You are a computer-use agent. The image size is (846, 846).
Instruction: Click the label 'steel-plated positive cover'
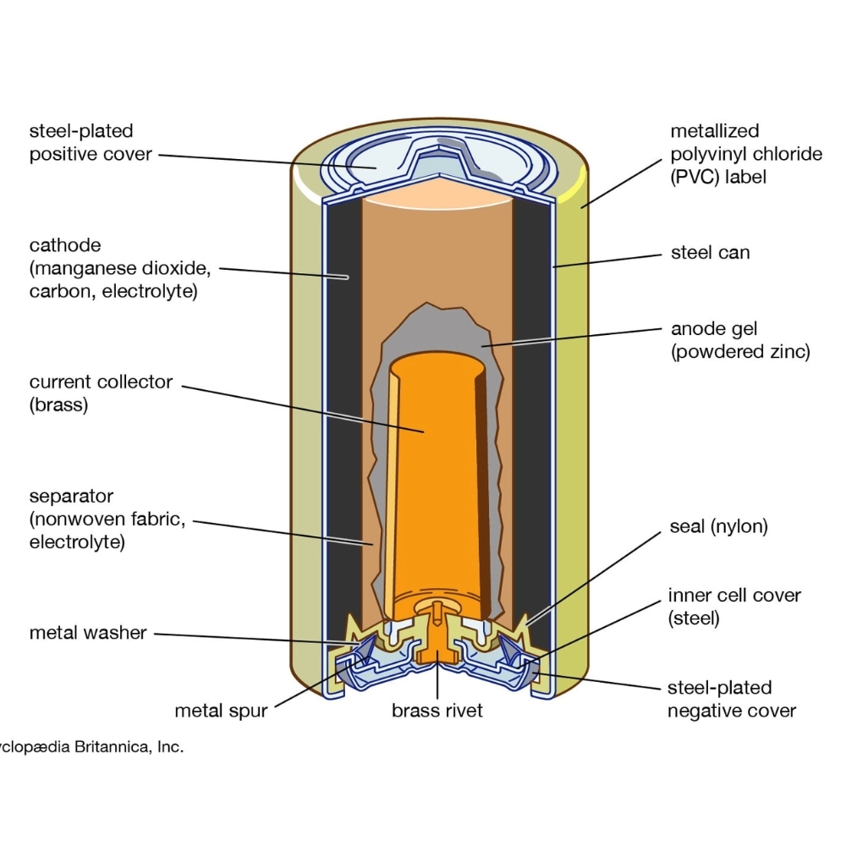[89, 143]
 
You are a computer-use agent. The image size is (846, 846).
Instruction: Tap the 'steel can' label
[710, 252]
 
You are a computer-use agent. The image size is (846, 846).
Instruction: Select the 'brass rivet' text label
[437, 711]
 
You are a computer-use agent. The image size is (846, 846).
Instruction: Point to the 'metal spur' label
[221, 711]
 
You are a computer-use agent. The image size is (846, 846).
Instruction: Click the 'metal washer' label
[88, 633]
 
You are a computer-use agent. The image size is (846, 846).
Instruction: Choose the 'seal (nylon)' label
[717, 526]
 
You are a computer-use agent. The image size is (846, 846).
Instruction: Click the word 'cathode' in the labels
[65, 246]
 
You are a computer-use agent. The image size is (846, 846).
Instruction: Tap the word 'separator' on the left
[71, 496]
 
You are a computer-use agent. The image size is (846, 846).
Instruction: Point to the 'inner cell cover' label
[734, 595]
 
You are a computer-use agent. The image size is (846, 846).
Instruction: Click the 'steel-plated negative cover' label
[732, 699]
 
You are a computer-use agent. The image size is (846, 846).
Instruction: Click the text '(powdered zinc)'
[740, 352]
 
